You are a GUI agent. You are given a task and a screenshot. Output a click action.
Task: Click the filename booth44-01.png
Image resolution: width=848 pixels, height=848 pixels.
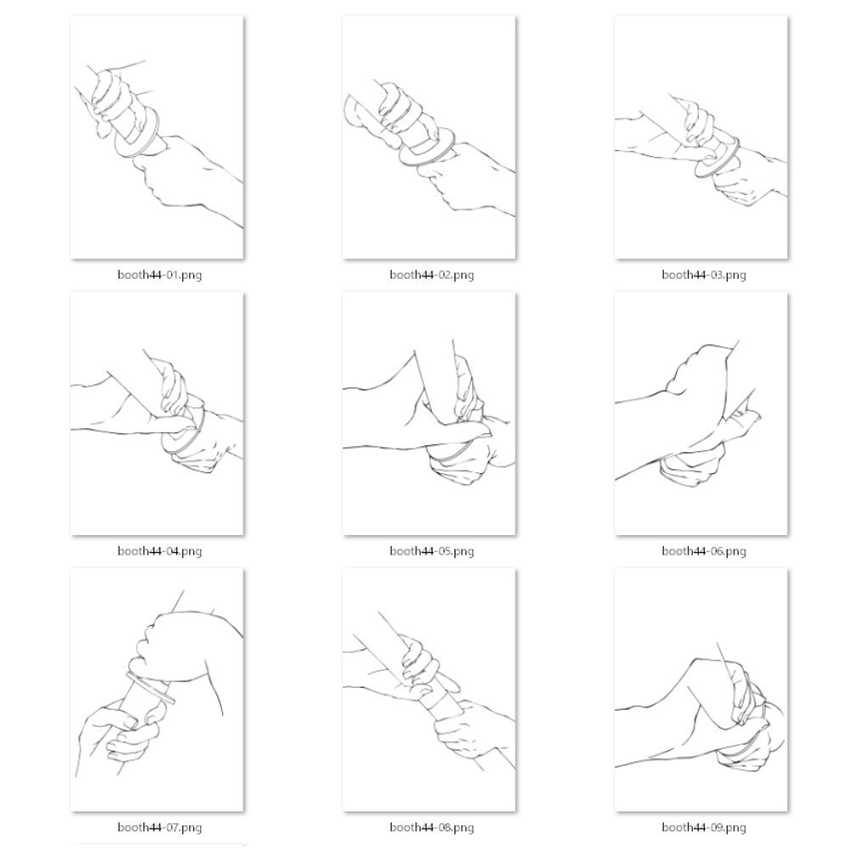click(159, 275)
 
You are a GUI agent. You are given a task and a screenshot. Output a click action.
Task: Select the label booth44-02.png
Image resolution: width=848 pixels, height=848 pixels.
click(432, 275)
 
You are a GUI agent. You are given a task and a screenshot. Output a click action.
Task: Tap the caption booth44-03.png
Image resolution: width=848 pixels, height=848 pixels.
click(704, 275)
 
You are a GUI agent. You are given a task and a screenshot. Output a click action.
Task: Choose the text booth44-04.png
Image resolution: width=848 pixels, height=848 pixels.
click(159, 551)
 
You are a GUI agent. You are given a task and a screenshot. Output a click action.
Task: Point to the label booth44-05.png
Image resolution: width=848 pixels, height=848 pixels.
click(432, 551)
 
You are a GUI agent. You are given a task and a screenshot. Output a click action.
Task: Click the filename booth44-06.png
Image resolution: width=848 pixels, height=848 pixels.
click(704, 551)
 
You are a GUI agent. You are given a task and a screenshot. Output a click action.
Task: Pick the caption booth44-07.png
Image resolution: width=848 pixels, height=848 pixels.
click(159, 828)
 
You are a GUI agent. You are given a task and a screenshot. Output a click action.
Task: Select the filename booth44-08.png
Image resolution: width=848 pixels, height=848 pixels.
click(432, 828)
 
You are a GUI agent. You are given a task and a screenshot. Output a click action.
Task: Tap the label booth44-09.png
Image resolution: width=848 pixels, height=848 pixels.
click(704, 828)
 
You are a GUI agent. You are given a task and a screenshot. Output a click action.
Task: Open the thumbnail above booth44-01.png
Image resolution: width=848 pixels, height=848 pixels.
click(158, 137)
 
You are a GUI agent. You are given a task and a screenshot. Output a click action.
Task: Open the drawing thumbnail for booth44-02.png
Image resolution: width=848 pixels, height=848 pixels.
click(429, 137)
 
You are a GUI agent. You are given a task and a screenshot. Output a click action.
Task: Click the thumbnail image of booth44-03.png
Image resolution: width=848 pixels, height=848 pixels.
click(701, 137)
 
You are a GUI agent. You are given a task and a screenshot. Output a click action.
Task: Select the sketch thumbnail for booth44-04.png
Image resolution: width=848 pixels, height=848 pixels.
click(158, 414)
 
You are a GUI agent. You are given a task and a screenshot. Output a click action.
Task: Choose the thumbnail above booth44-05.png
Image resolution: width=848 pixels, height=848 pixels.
click(429, 414)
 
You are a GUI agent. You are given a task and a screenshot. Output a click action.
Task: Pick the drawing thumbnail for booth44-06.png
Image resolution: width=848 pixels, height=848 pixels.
click(701, 414)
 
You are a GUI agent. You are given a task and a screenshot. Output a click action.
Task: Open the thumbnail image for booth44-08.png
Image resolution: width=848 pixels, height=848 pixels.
click(429, 690)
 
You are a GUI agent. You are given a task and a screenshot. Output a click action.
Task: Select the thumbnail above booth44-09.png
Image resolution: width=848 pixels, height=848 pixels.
click(701, 690)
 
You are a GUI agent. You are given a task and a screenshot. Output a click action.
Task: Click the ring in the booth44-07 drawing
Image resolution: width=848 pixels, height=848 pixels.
click(151, 689)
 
